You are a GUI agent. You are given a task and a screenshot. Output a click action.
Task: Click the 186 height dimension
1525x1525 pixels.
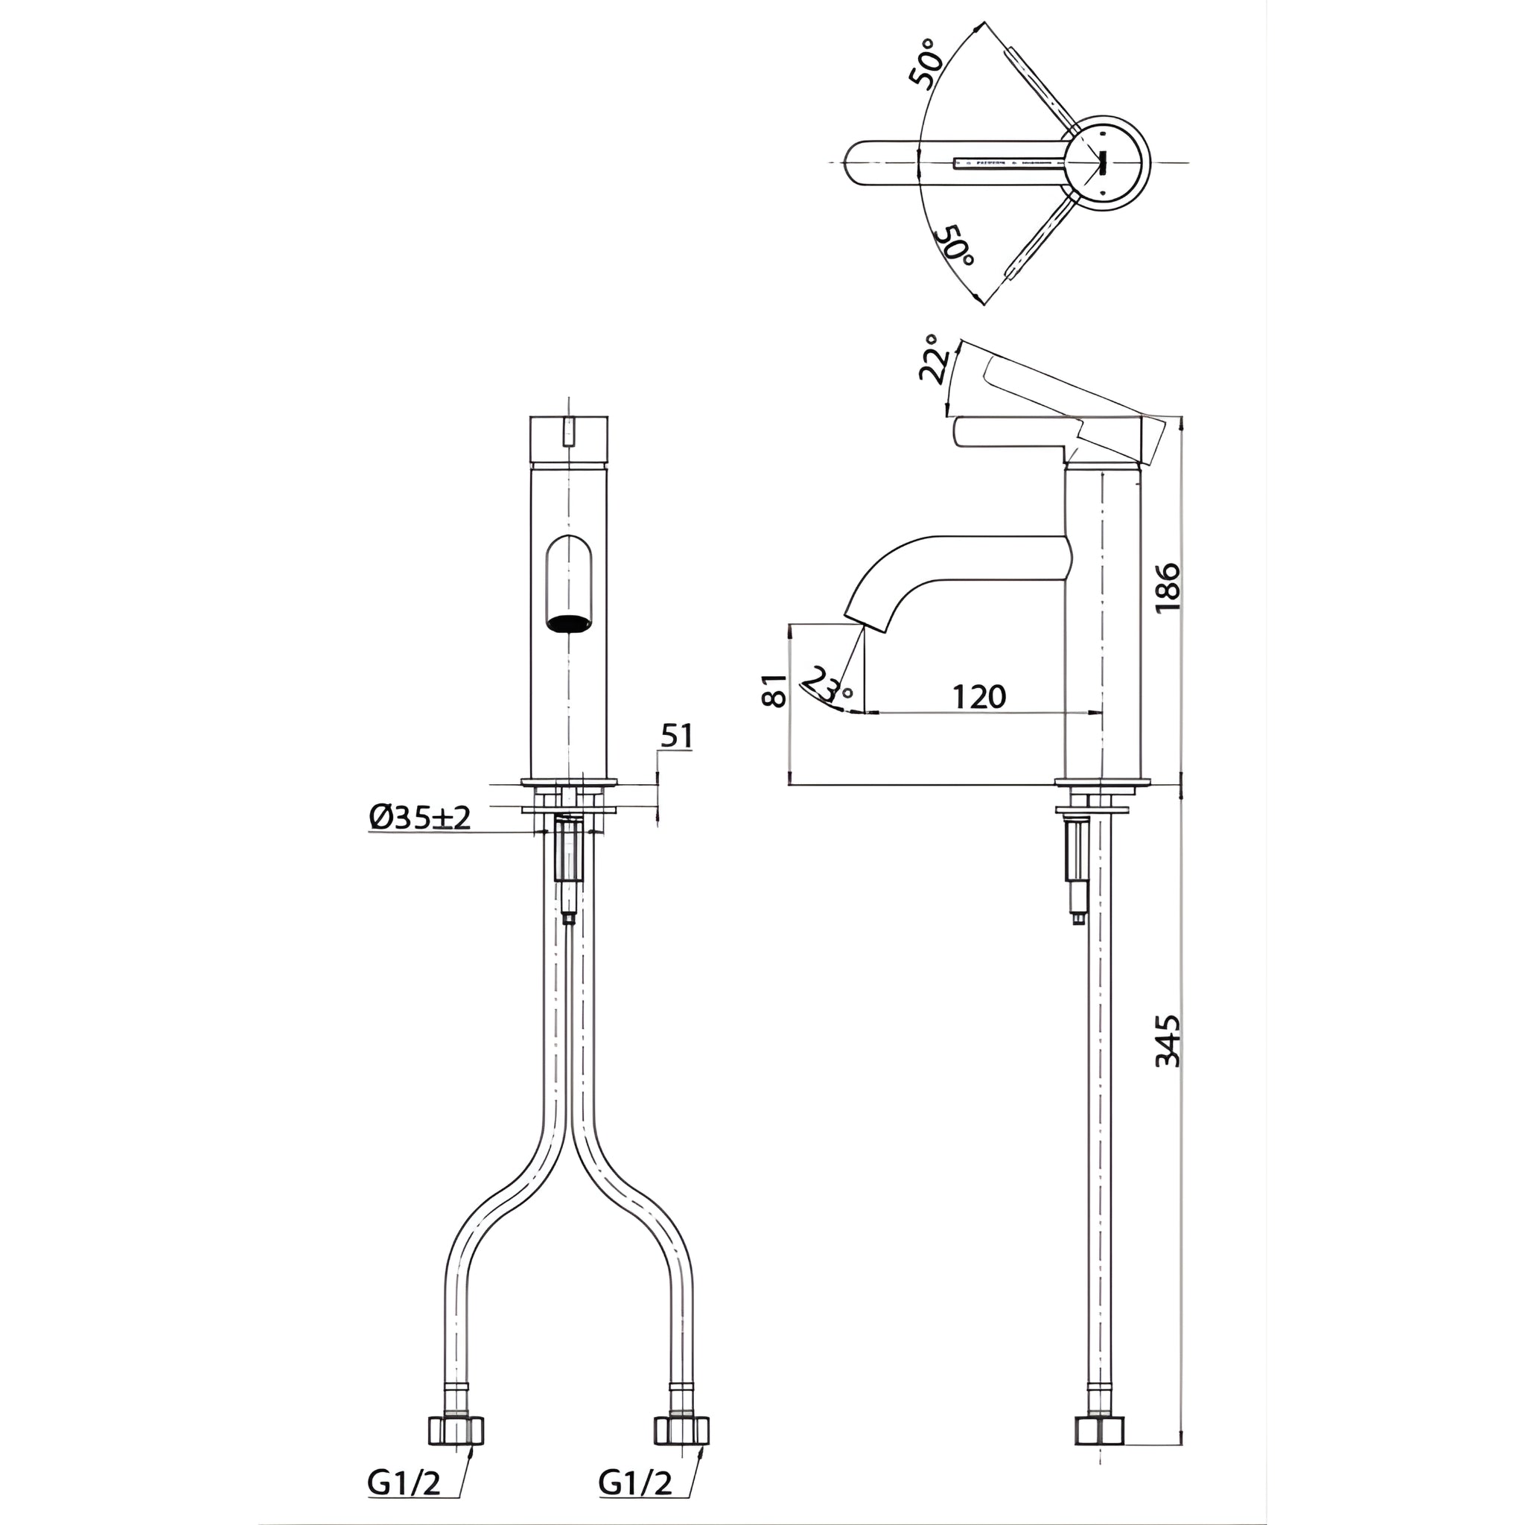pos(1168,587)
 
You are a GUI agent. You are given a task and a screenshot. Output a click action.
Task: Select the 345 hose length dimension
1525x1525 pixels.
pos(1168,1040)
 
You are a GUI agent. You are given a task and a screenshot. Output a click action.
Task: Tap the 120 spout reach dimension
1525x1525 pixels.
pos(978,696)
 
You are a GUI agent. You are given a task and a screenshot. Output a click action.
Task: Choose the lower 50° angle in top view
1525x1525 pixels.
pos(955,246)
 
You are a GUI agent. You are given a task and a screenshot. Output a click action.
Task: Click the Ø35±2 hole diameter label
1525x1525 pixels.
pos(419,818)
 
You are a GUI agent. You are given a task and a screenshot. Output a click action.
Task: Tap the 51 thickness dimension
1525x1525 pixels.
pos(676,736)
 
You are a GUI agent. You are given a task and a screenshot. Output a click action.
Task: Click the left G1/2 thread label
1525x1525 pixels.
pos(404,1484)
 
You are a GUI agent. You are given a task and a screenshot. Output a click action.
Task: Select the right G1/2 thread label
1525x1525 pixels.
pos(635,1484)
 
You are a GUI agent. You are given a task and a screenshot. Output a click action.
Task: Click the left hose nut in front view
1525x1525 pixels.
pos(456,1430)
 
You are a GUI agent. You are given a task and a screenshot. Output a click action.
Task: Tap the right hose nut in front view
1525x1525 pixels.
pos(682,1430)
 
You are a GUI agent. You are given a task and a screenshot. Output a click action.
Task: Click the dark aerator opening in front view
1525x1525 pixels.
pos(569,623)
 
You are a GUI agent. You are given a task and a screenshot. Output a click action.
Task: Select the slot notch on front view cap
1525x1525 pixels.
pos(568,433)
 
